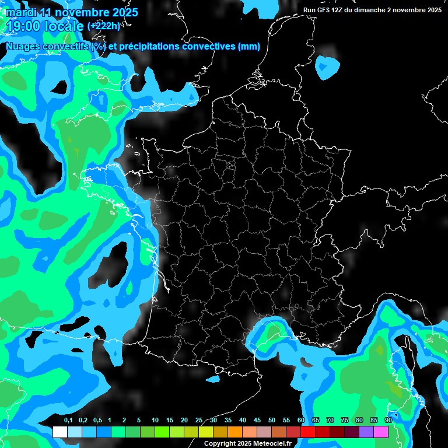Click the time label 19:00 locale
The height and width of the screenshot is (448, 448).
coord(45,26)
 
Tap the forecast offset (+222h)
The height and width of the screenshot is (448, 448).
coord(104,26)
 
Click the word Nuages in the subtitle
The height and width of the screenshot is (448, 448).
coord(23,47)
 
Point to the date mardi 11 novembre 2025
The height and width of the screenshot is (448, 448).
coord(72,12)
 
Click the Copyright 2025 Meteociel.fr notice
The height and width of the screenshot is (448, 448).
coord(247,443)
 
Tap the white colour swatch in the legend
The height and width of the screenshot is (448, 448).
coord(60,432)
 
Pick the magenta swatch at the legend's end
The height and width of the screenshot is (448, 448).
coord(381,432)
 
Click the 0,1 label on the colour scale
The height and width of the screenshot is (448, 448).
coord(68,421)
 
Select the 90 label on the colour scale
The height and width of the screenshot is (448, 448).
coord(388,421)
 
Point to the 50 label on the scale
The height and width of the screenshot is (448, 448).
coord(272,421)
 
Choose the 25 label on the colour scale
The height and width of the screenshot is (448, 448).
coord(199,421)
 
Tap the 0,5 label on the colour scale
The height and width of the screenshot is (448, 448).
coord(97,421)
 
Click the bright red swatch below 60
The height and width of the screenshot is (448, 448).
coord(308,432)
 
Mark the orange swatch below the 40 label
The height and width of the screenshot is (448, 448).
coord(235,432)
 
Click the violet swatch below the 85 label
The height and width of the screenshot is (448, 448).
coord(366,432)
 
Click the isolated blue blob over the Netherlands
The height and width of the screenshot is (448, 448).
coord(327,68)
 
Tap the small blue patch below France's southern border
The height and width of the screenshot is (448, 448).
coord(213,379)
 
